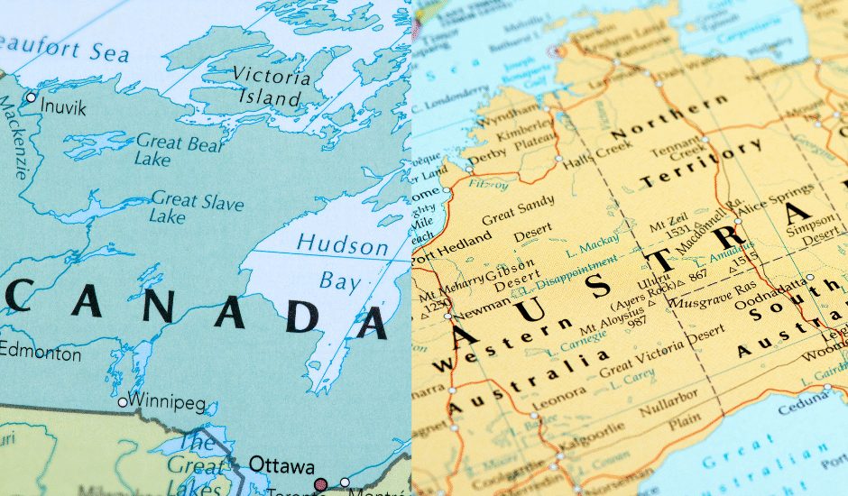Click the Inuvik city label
63,108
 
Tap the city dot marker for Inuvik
31,97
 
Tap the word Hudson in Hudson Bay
343,244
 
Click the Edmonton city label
41,354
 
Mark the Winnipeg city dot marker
123,401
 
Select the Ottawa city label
281,465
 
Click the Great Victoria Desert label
662,355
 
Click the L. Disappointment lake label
568,274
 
